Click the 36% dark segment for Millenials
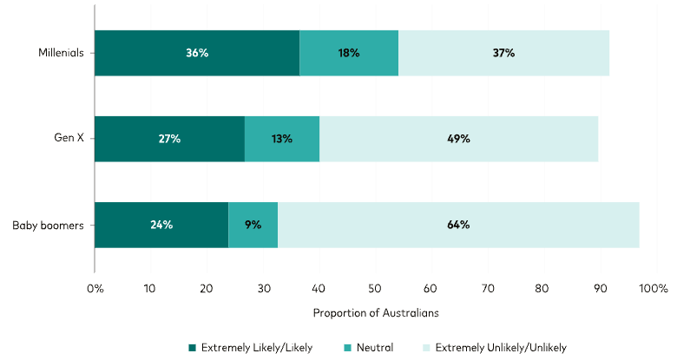(x=197, y=53)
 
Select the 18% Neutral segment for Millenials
(x=349, y=53)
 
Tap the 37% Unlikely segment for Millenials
(x=503, y=53)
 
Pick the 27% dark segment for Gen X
(x=169, y=139)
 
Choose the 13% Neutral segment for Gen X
(x=281, y=139)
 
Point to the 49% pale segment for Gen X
(x=458, y=139)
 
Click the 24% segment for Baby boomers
(x=161, y=225)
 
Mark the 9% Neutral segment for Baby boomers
(x=253, y=225)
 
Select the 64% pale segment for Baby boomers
(x=458, y=225)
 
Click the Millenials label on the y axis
(x=61, y=53)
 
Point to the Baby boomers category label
(x=49, y=226)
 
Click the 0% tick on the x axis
(x=95, y=287)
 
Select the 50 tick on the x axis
(x=375, y=287)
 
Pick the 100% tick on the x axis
(x=653, y=287)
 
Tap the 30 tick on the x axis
(x=263, y=287)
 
